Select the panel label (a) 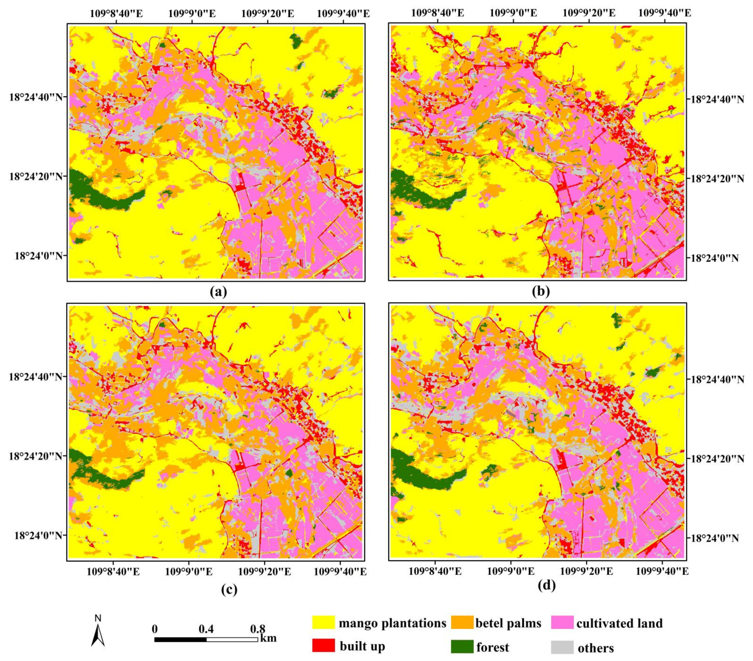click(218, 292)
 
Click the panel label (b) click(541, 292)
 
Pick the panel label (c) click(229, 590)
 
